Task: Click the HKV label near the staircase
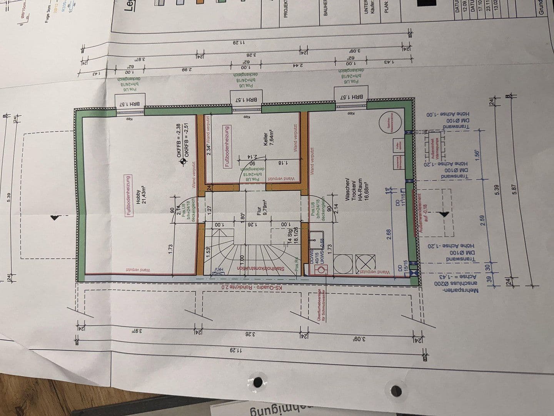[x=220, y=269]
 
